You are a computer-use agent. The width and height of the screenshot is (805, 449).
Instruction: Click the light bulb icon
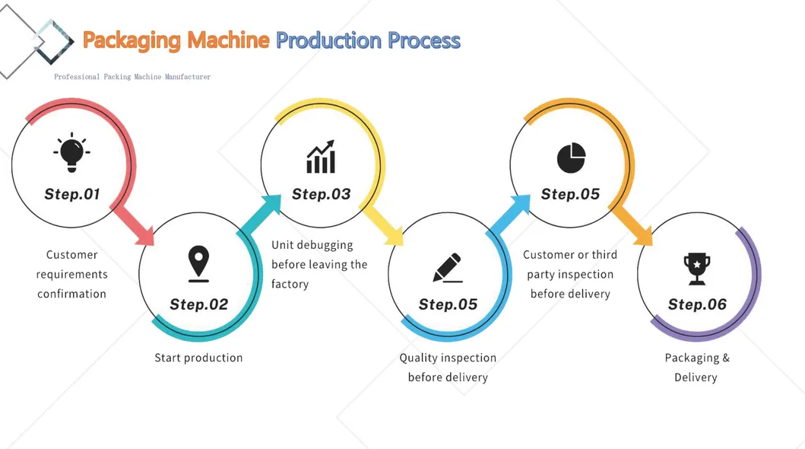(x=71, y=152)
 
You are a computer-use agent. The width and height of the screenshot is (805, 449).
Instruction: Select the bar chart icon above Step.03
(x=321, y=157)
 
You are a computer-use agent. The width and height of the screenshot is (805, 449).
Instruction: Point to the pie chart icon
(x=571, y=157)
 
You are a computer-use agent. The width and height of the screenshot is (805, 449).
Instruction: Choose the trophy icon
(x=696, y=269)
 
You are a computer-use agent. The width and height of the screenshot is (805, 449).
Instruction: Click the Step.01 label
(x=72, y=194)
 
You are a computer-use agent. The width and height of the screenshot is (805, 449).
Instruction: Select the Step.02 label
(x=198, y=304)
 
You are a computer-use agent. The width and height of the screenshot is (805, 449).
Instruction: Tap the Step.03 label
(x=322, y=194)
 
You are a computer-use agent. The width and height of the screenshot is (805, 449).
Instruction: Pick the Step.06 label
(x=697, y=304)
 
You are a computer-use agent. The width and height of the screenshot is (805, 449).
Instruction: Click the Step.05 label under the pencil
(x=448, y=304)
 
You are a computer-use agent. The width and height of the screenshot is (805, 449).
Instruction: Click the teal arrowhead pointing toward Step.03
(x=271, y=206)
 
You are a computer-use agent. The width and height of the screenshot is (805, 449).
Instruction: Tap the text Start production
(x=198, y=358)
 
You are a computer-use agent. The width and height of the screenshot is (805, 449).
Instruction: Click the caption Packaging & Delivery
(x=696, y=368)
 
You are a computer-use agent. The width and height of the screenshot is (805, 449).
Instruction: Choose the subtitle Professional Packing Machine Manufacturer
(x=132, y=77)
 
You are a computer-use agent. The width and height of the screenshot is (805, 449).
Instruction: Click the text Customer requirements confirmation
(x=72, y=274)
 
